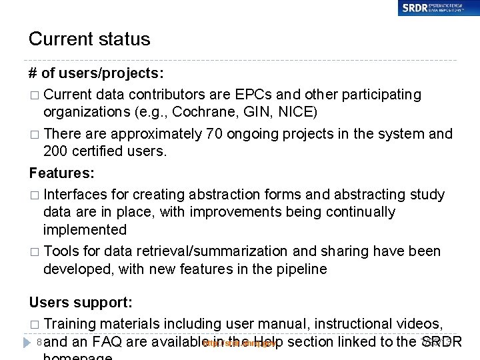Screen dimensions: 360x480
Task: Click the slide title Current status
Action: pyautogui.click(x=89, y=39)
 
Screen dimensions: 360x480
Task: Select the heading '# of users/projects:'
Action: pyautogui.click(x=97, y=73)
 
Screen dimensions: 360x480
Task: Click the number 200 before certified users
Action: pyautogui.click(x=56, y=151)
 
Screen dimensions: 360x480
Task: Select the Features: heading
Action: pyautogui.click(x=62, y=173)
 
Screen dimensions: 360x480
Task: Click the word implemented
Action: pyautogui.click(x=85, y=229)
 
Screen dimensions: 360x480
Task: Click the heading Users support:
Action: pyautogui.click(x=81, y=303)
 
